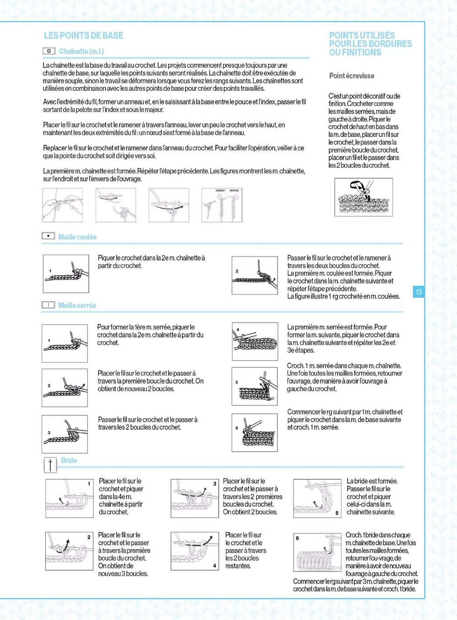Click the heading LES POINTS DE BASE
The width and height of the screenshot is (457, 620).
click(x=84, y=36)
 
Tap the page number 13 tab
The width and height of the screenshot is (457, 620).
click(x=418, y=292)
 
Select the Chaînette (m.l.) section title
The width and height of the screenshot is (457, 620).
click(x=81, y=52)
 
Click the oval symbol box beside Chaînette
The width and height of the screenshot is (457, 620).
click(x=49, y=51)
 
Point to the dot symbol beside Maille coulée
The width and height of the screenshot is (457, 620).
click(x=48, y=236)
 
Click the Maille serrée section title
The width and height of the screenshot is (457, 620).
click(x=77, y=305)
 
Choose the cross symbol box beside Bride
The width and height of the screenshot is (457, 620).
click(x=50, y=465)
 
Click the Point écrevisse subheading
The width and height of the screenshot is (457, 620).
click(x=351, y=76)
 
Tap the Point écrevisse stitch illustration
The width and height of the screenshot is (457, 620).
click(x=363, y=197)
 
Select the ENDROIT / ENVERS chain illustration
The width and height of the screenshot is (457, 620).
click(x=222, y=205)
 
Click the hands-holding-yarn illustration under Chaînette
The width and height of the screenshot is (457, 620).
click(x=63, y=205)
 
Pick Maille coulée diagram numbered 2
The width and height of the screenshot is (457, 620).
click(x=255, y=275)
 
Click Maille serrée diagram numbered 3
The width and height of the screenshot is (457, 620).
click(x=64, y=433)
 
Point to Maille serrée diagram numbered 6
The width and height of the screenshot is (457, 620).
click(x=255, y=432)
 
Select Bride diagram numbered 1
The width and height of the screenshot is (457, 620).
click(x=69, y=498)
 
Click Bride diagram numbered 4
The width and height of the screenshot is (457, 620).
click(x=195, y=551)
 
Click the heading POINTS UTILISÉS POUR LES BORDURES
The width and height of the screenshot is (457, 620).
click(x=370, y=44)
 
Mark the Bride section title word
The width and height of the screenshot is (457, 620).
click(x=69, y=461)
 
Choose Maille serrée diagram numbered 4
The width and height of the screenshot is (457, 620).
click(x=255, y=342)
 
